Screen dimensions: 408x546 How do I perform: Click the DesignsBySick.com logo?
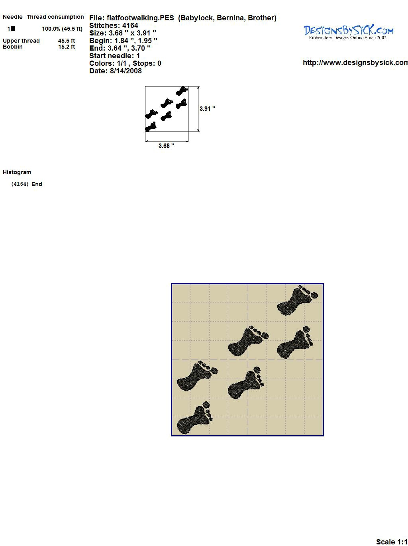[x=348, y=32]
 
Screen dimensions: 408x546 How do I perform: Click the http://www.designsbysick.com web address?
[x=355, y=63]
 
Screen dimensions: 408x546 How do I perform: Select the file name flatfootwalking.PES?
[x=140, y=18]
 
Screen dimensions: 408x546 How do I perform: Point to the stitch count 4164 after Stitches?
[x=130, y=26]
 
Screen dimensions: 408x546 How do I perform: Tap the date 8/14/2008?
[x=126, y=71]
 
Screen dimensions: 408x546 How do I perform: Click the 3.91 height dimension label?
[x=207, y=109]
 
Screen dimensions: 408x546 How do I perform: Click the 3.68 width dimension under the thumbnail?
[x=166, y=146]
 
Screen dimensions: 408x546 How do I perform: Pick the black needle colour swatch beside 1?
[x=13, y=29]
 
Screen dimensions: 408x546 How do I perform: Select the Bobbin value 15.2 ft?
[x=67, y=47]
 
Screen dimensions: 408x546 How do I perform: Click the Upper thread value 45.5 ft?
[x=67, y=41]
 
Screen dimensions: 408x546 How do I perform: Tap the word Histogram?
[x=17, y=172]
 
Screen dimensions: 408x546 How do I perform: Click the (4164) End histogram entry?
[x=27, y=184]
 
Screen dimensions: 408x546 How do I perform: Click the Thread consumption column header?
[x=55, y=17]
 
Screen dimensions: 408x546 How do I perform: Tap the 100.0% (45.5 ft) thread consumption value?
[x=62, y=29]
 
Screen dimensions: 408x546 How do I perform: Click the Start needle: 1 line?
[x=115, y=56]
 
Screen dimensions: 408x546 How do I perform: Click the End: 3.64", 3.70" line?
[x=120, y=48]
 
